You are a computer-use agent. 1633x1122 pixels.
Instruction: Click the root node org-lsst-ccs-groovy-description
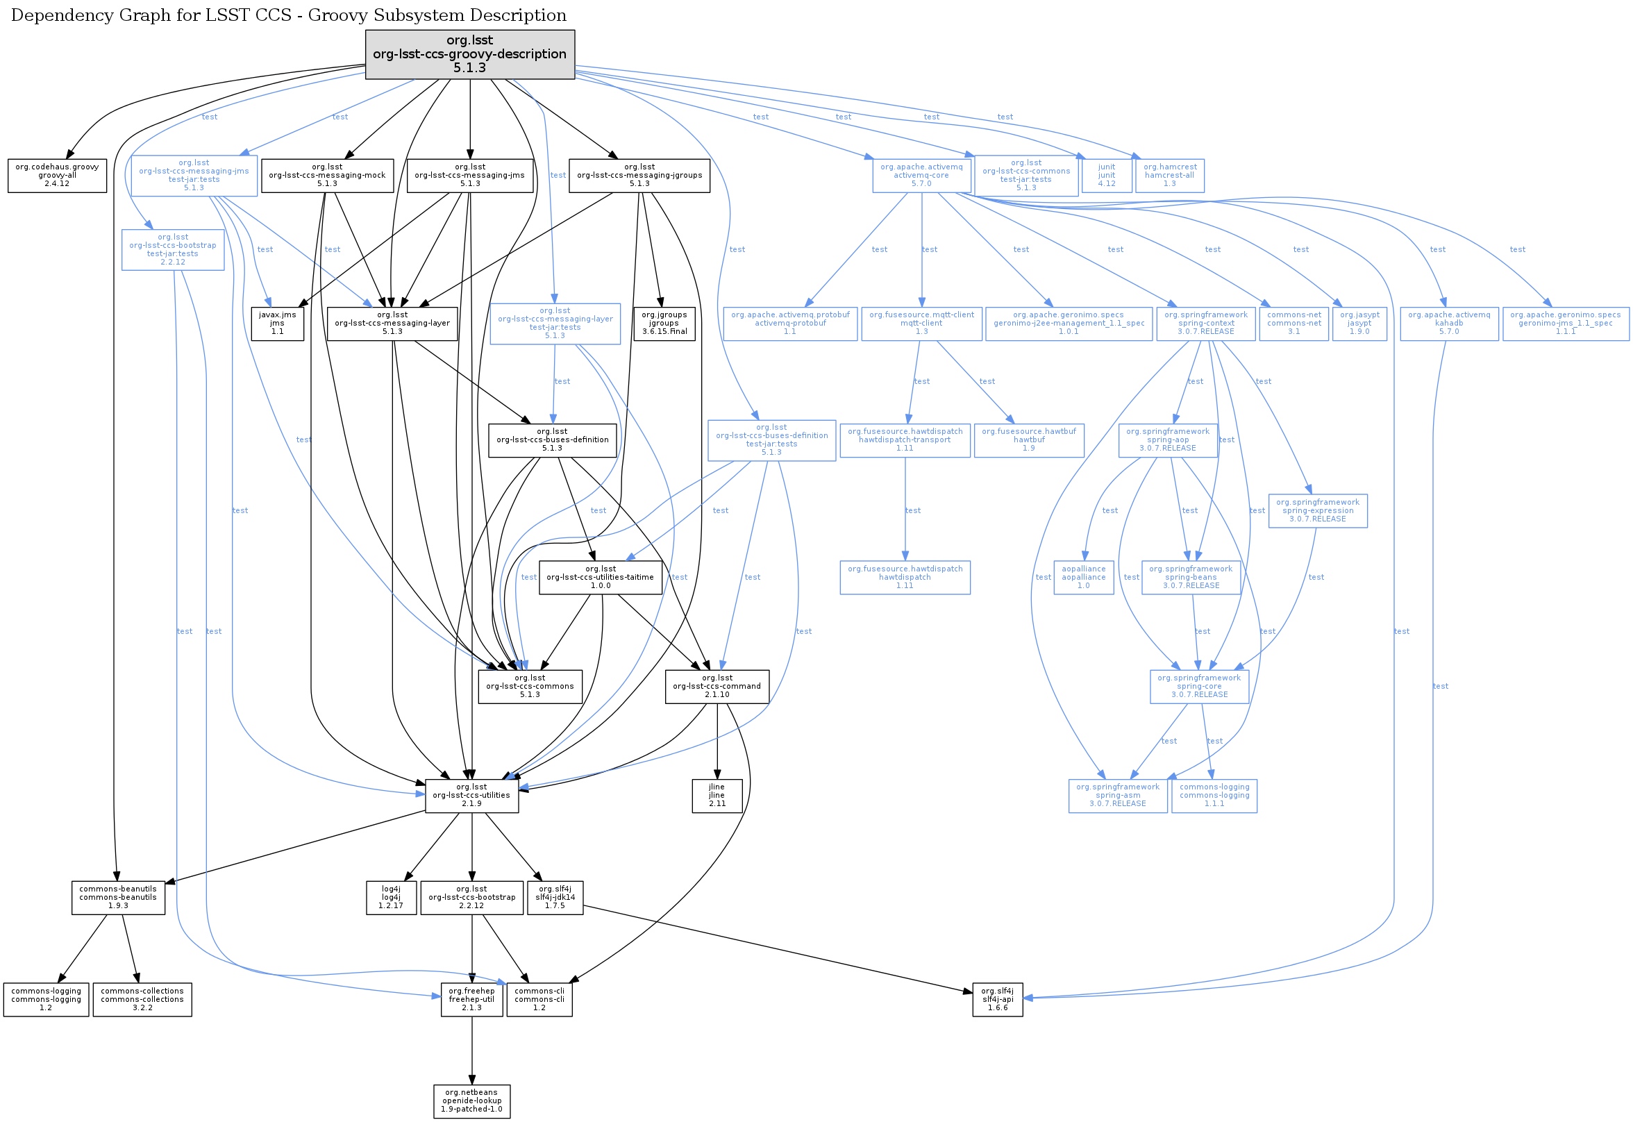[x=469, y=54]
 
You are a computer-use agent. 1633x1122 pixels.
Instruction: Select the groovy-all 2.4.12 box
[x=57, y=176]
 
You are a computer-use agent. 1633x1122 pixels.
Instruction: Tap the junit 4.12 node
[x=1107, y=176]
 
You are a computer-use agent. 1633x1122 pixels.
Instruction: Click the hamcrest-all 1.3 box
[x=1169, y=176]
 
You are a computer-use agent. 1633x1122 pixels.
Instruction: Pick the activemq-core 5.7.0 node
[x=921, y=176]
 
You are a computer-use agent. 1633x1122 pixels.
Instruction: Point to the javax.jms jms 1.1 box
[x=278, y=324]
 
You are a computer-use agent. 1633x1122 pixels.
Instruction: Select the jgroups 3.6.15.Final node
[x=664, y=324]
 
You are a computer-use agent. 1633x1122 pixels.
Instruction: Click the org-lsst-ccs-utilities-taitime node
[x=601, y=577]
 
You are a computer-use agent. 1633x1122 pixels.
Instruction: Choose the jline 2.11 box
[x=717, y=795]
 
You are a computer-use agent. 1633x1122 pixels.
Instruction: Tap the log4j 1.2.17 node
[x=391, y=898]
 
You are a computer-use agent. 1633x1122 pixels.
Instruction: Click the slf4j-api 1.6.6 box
[x=998, y=999]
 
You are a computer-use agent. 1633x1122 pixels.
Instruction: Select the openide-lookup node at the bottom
[x=471, y=1101]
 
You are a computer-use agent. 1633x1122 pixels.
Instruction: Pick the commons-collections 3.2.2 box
[x=142, y=999]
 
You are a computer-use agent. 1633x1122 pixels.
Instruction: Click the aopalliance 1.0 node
[x=1083, y=577]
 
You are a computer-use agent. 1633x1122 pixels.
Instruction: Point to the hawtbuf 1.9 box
[x=1028, y=440]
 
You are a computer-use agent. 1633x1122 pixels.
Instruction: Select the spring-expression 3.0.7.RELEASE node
[x=1317, y=511]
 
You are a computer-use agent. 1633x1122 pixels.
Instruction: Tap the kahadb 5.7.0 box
[x=1449, y=324]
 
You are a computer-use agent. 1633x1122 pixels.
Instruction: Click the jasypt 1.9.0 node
[x=1359, y=324]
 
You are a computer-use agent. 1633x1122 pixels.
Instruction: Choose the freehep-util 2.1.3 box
[x=471, y=999]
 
